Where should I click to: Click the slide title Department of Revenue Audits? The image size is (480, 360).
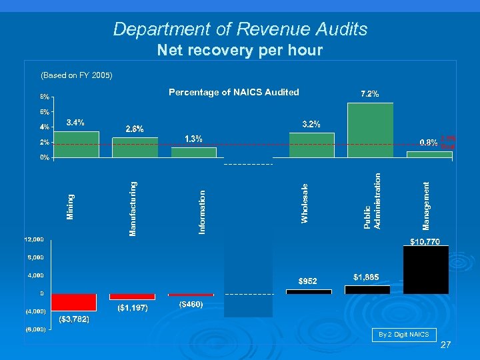[240, 29]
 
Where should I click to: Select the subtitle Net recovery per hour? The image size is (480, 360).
[239, 50]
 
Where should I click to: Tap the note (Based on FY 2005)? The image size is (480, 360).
[77, 75]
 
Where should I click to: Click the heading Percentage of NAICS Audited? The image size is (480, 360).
[233, 92]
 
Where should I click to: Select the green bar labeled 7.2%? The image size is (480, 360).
[370, 130]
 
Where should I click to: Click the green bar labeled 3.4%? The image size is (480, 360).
[76, 144]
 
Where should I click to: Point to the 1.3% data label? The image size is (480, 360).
[193, 139]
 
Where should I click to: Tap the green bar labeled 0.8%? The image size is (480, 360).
[429, 154]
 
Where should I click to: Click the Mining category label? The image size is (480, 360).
[71, 206]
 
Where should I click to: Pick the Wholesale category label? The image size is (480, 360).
[305, 203]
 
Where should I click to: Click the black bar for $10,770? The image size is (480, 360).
[426, 269]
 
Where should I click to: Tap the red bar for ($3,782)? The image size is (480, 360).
[73, 303]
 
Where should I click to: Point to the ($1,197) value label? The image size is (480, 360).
[132, 308]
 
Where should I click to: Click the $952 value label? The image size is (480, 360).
[308, 281]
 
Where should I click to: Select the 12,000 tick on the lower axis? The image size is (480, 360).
[35, 239]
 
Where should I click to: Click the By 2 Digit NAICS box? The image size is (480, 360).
[403, 334]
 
